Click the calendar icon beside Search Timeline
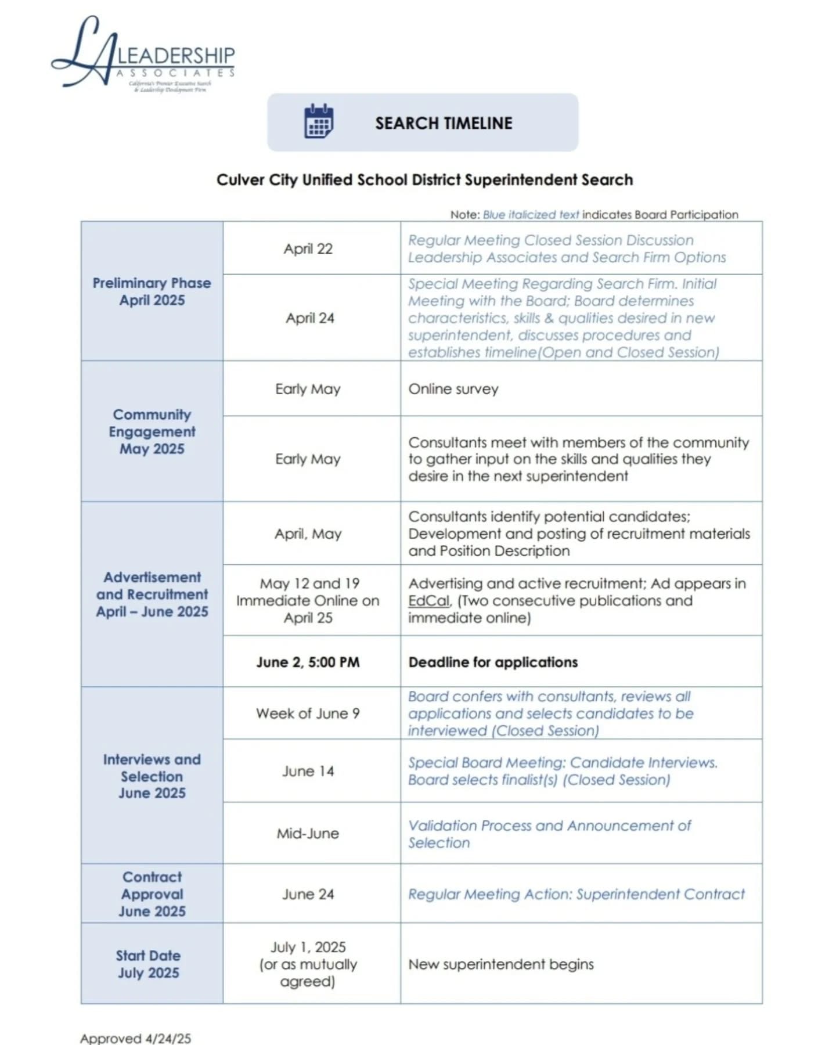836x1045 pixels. [x=319, y=121]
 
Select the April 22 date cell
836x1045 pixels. [x=308, y=248]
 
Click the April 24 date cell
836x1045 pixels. [x=310, y=318]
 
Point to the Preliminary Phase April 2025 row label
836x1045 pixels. [x=152, y=291]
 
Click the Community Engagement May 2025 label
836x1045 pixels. [x=152, y=431]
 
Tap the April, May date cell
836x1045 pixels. [x=308, y=534]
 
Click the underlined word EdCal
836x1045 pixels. [x=428, y=600]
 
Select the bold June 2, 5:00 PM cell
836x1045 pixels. [x=308, y=662]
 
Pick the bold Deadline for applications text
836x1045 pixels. [x=493, y=662]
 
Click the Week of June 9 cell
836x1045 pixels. [x=308, y=713]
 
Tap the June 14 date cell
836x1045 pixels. [x=308, y=771]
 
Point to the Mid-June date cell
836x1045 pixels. [x=308, y=833]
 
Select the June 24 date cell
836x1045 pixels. [x=308, y=894]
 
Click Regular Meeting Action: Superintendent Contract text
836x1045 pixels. [x=576, y=894]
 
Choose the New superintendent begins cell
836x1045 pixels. [x=501, y=964]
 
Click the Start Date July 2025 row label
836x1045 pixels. [x=149, y=964]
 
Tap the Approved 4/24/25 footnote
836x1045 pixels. [x=135, y=1038]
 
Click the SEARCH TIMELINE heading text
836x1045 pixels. [x=444, y=123]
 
